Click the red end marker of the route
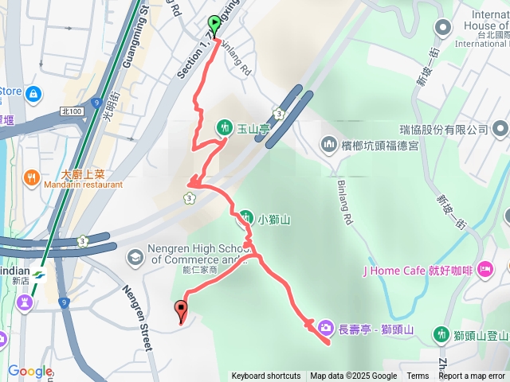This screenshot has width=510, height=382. click(181, 310)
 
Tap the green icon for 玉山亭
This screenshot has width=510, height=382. click(223, 127)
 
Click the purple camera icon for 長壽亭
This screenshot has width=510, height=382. click(325, 326)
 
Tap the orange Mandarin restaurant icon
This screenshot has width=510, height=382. click(31, 177)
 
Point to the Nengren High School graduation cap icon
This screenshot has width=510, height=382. click(135, 256)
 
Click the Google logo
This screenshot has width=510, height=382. click(29, 371)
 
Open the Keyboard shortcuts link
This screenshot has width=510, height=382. click(266, 376)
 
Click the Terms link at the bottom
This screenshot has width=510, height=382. click(418, 376)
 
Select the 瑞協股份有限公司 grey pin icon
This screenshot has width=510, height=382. click(499, 129)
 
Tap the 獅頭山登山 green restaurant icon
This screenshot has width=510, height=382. click(441, 334)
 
